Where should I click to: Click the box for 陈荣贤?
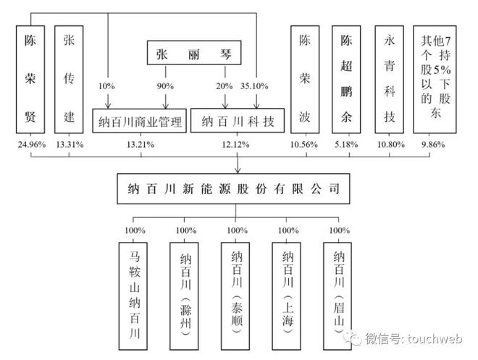tap(31, 79)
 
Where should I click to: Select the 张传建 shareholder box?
tap(70, 79)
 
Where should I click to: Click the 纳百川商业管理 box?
tap(140, 121)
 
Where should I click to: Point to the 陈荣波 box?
tap(305, 79)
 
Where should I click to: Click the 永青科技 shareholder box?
tap(390, 79)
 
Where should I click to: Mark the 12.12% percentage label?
tap(235, 145)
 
